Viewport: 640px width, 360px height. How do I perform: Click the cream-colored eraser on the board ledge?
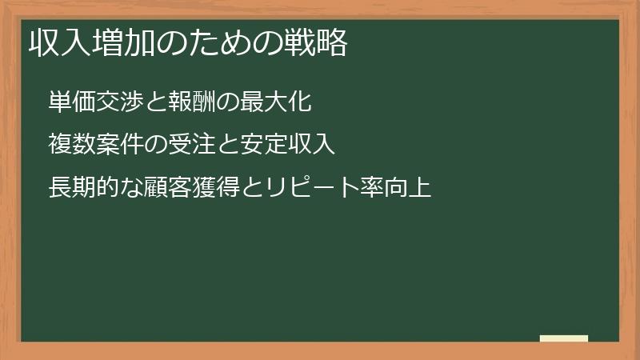point(564,338)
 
